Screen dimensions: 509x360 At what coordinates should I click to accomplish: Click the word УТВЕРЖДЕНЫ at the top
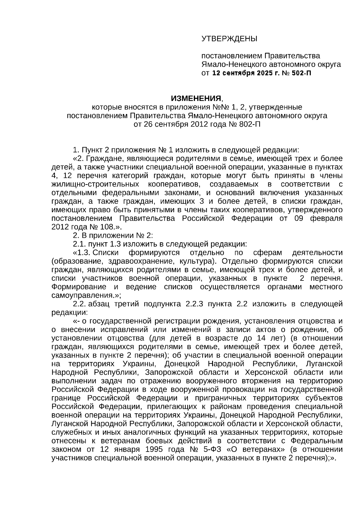click(229, 39)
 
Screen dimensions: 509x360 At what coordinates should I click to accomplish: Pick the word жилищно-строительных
click(95, 184)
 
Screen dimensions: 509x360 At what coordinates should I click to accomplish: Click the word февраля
click(326, 218)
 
